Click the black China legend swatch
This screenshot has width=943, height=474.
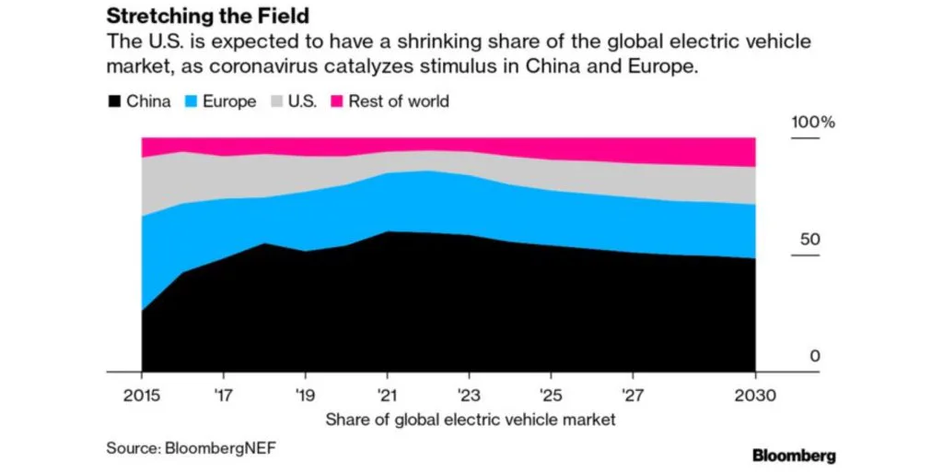tap(115, 101)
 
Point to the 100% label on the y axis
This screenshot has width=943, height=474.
tap(814, 123)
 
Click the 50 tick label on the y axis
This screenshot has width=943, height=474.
tap(809, 240)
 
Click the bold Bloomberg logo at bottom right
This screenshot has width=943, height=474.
tap(794, 455)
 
